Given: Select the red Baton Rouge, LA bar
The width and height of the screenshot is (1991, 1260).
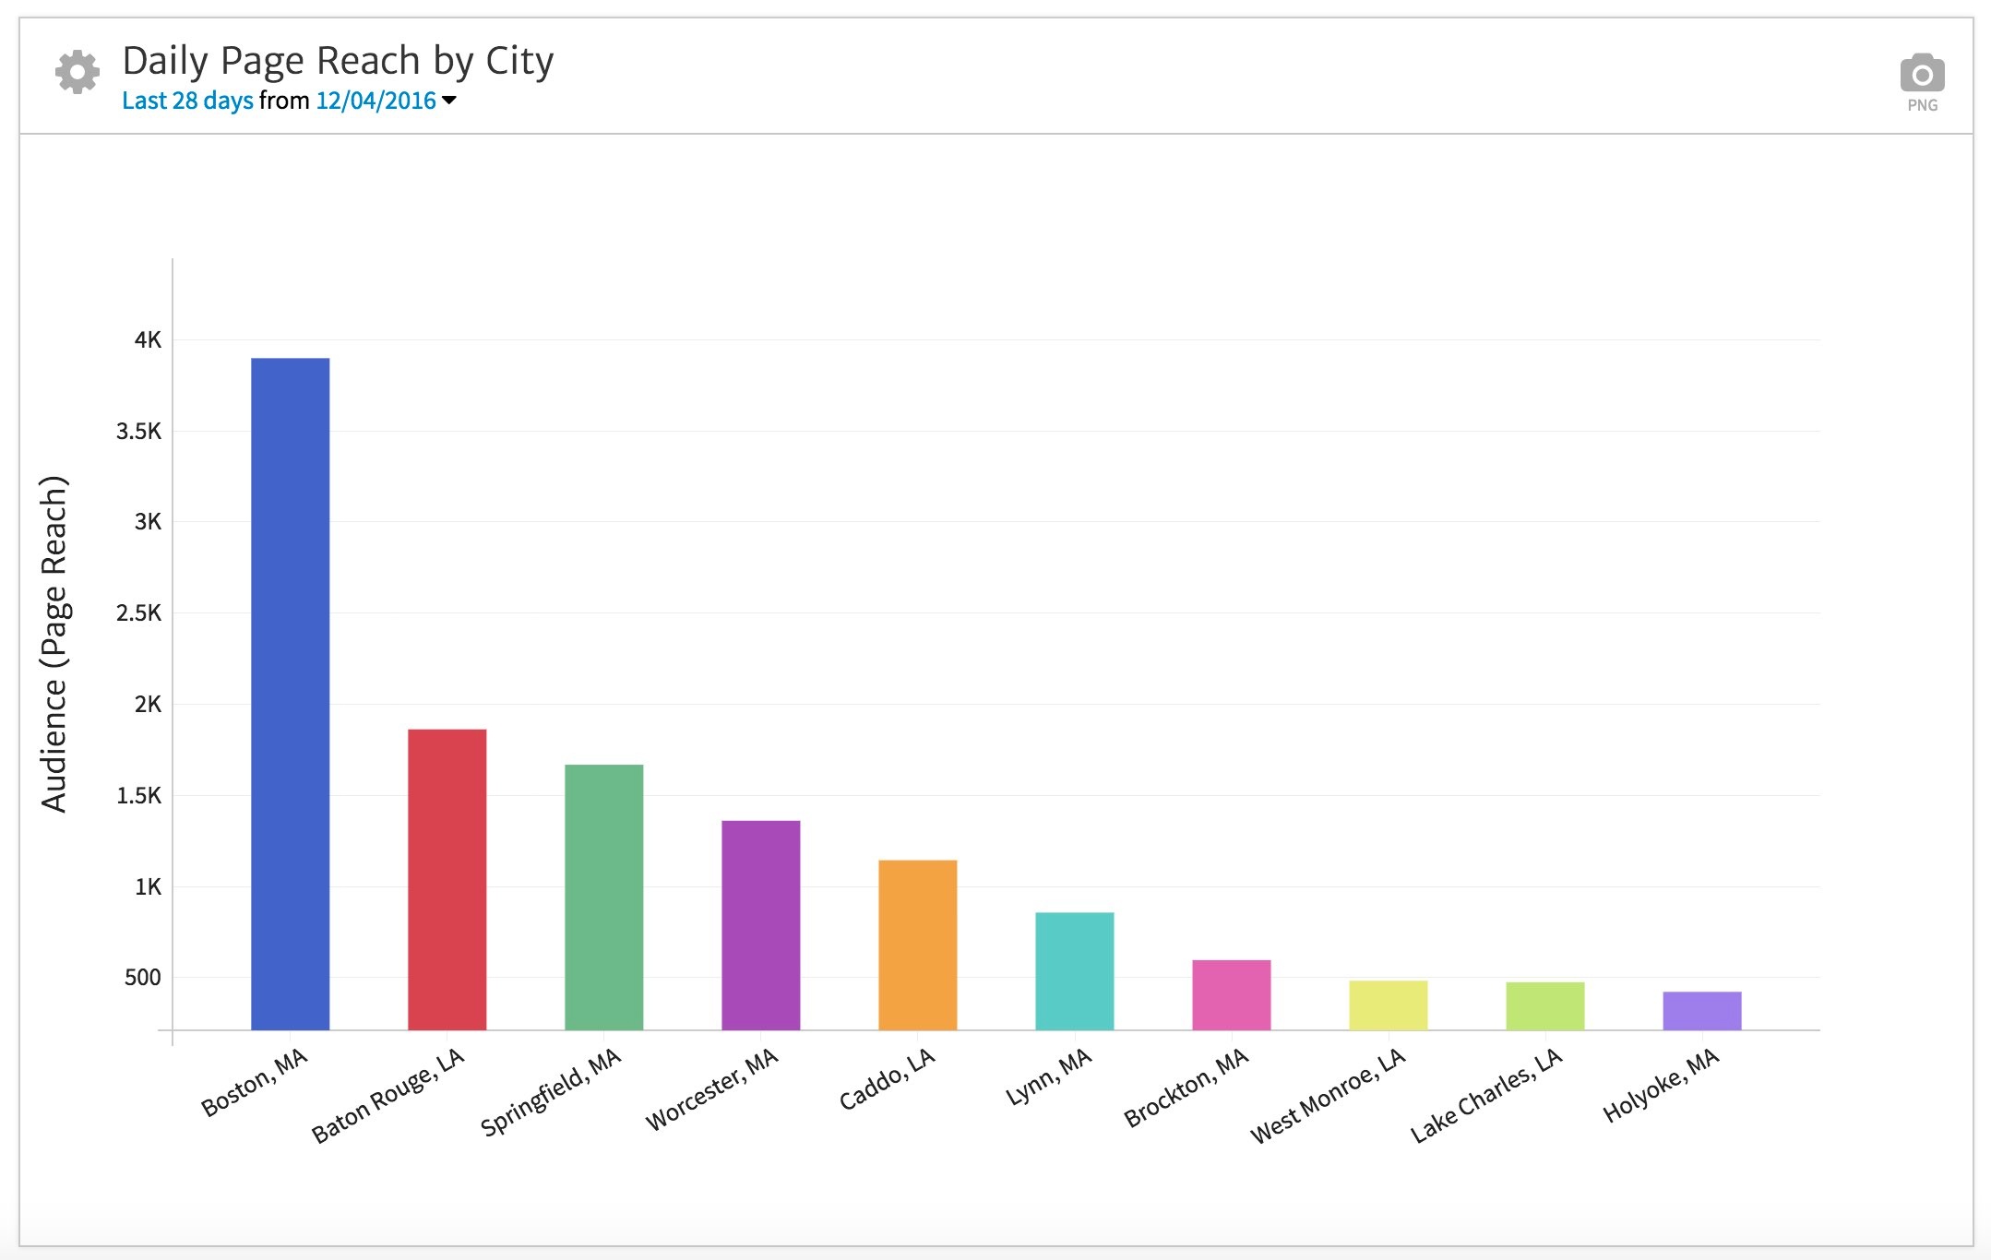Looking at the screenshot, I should (x=447, y=879).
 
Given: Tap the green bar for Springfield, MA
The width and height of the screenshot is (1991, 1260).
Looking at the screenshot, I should (x=603, y=897).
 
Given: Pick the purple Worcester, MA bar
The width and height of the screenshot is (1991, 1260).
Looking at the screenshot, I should (x=760, y=924).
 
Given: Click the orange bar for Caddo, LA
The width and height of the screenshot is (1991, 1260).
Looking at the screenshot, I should (x=917, y=945).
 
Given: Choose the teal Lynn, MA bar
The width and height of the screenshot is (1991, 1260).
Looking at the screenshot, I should (x=1074, y=970).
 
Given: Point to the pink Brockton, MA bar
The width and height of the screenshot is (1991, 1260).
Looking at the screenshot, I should (x=1231, y=994).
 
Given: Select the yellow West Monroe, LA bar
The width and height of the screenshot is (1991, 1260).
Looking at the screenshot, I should (x=1388, y=1004).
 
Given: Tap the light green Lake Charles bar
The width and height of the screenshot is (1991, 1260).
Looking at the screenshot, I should (x=1544, y=1005).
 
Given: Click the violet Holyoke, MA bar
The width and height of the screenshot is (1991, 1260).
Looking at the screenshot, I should (x=1701, y=1010).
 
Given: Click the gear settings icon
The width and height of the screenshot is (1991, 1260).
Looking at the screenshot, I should (x=77, y=72).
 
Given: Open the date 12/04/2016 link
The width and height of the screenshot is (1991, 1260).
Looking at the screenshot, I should (x=376, y=101).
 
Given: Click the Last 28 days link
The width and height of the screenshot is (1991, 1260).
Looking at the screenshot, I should (x=187, y=101).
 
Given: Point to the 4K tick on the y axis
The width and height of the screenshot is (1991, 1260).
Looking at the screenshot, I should (x=148, y=340).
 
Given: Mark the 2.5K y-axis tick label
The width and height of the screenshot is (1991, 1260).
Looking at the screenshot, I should (x=138, y=613).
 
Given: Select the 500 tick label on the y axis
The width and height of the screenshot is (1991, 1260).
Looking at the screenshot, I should (x=142, y=978).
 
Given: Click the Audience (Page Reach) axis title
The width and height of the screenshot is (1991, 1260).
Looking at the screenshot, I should (x=54, y=644).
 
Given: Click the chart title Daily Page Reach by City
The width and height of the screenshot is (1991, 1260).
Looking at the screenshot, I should (x=338, y=61).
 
